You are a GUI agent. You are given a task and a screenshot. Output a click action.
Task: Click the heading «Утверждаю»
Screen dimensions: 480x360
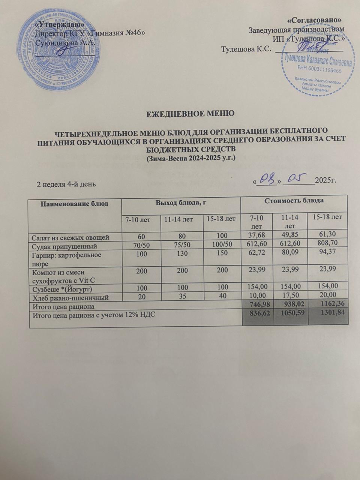point(59,24)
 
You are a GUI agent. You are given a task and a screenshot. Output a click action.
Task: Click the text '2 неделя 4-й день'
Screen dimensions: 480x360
point(66,184)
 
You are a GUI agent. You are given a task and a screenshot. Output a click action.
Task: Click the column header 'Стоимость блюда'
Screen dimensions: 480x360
point(294,201)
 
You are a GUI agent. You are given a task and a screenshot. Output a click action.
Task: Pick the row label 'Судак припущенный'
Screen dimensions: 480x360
point(65,246)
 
